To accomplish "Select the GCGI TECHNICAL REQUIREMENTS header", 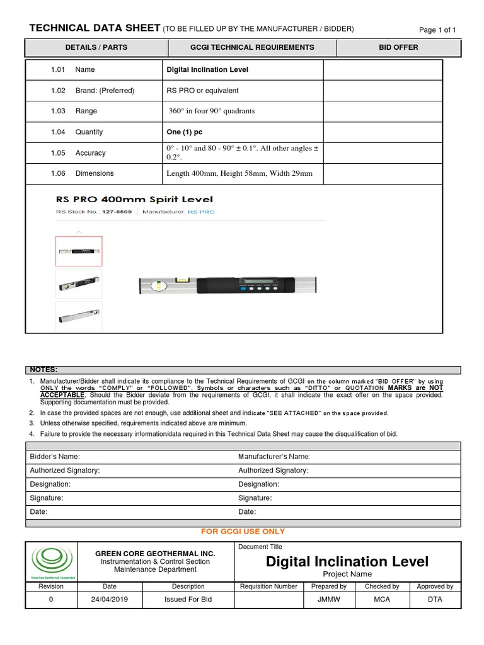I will click(x=252, y=47).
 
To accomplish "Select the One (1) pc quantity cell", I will click(x=185, y=132).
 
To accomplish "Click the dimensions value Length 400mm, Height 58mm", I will click(x=239, y=173).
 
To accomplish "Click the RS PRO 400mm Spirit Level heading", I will click(x=135, y=200).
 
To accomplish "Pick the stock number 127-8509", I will click(x=117, y=212).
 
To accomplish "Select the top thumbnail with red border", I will click(x=79, y=251).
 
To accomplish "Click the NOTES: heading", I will click(x=43, y=370).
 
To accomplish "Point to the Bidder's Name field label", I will click(x=55, y=457).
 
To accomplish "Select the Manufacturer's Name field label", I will click(x=274, y=457).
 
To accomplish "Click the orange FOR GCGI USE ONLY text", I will click(x=243, y=532).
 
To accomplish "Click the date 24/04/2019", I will click(x=110, y=600).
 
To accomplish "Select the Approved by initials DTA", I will click(x=435, y=600).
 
